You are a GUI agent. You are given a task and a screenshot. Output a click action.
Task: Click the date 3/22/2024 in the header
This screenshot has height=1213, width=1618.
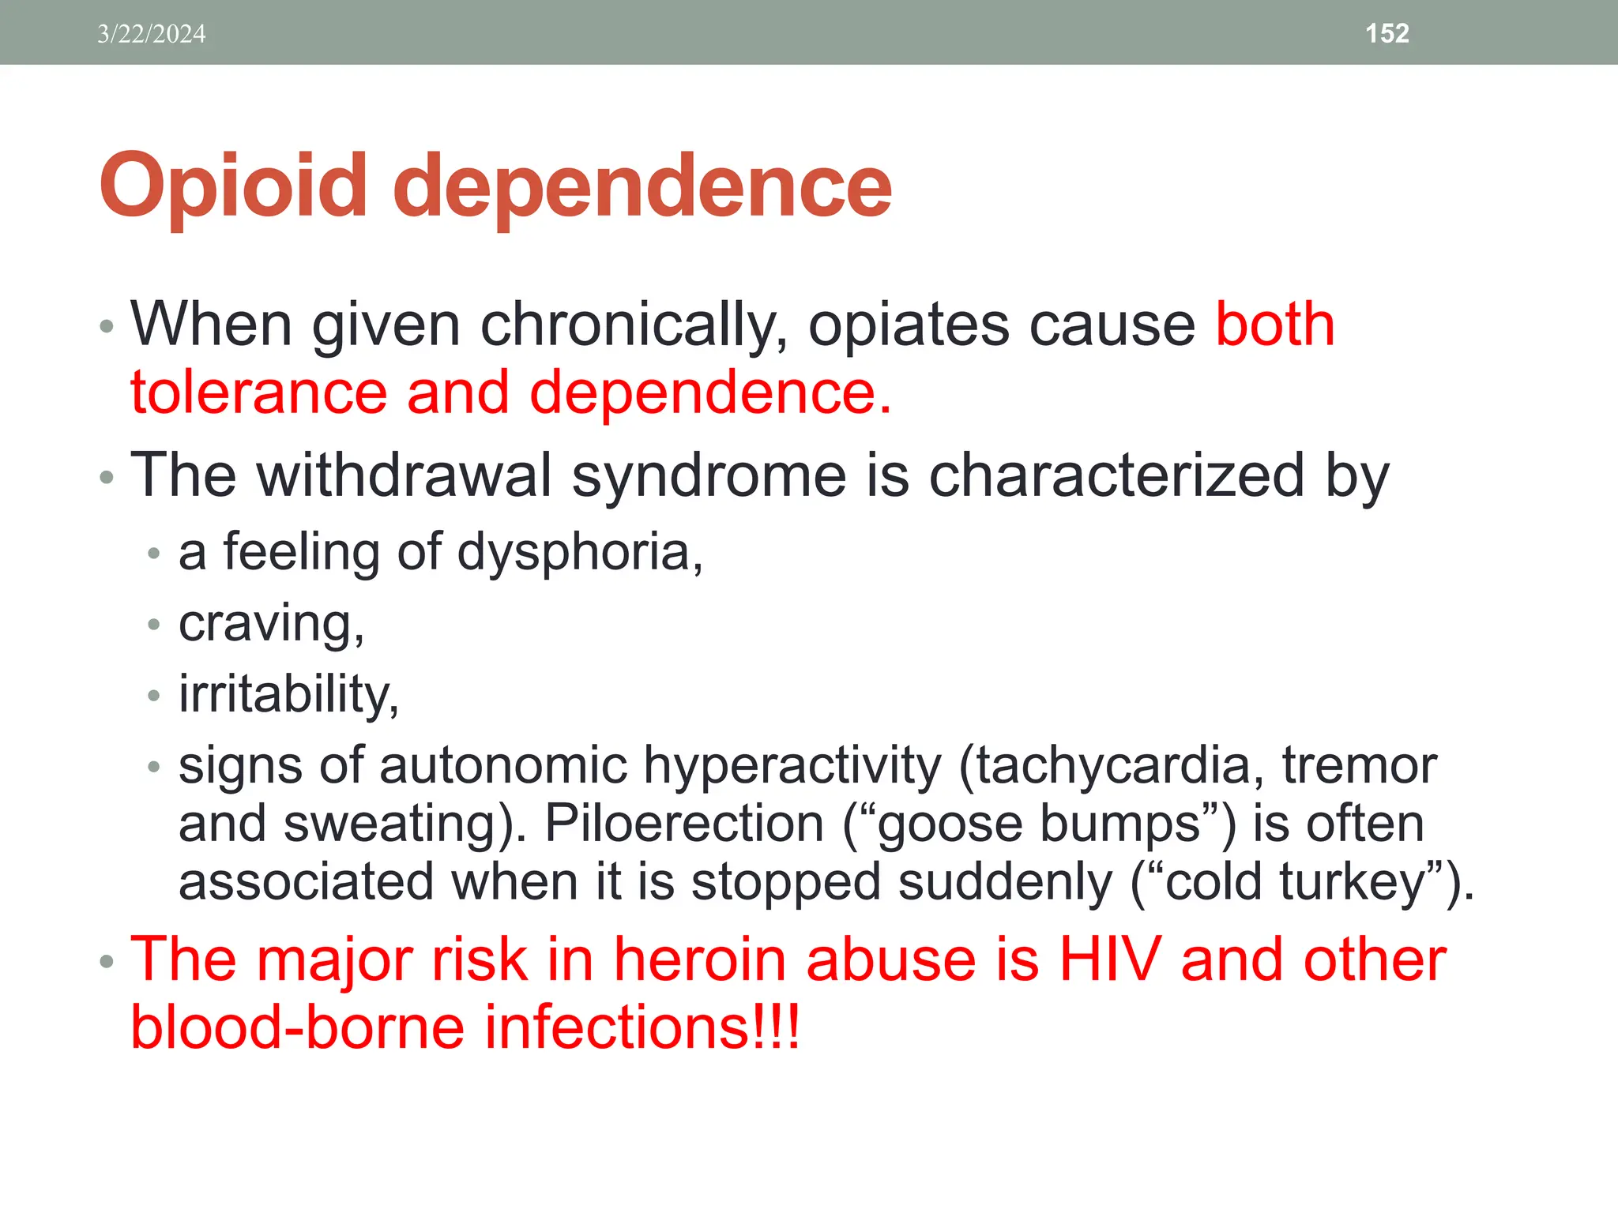click(x=152, y=34)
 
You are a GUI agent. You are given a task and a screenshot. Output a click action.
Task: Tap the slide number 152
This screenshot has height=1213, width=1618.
click(x=1387, y=33)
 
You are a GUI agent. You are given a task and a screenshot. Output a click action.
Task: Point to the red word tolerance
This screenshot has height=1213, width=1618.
click(x=259, y=392)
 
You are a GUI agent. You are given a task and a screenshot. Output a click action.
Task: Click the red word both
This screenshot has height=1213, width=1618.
click(x=1274, y=325)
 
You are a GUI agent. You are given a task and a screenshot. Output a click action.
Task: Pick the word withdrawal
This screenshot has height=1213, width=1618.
click(x=404, y=475)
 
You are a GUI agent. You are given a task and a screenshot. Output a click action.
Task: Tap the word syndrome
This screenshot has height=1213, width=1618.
click(x=709, y=477)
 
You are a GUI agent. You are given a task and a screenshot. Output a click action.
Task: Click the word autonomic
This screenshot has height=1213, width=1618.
click(x=503, y=765)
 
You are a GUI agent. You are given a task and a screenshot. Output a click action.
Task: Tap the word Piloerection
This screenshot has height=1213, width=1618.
click(x=684, y=824)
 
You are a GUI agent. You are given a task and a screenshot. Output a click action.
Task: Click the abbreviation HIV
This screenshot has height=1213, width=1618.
click(x=1109, y=960)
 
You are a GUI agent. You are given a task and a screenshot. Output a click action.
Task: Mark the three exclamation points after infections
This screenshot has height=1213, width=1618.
click(x=777, y=1027)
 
